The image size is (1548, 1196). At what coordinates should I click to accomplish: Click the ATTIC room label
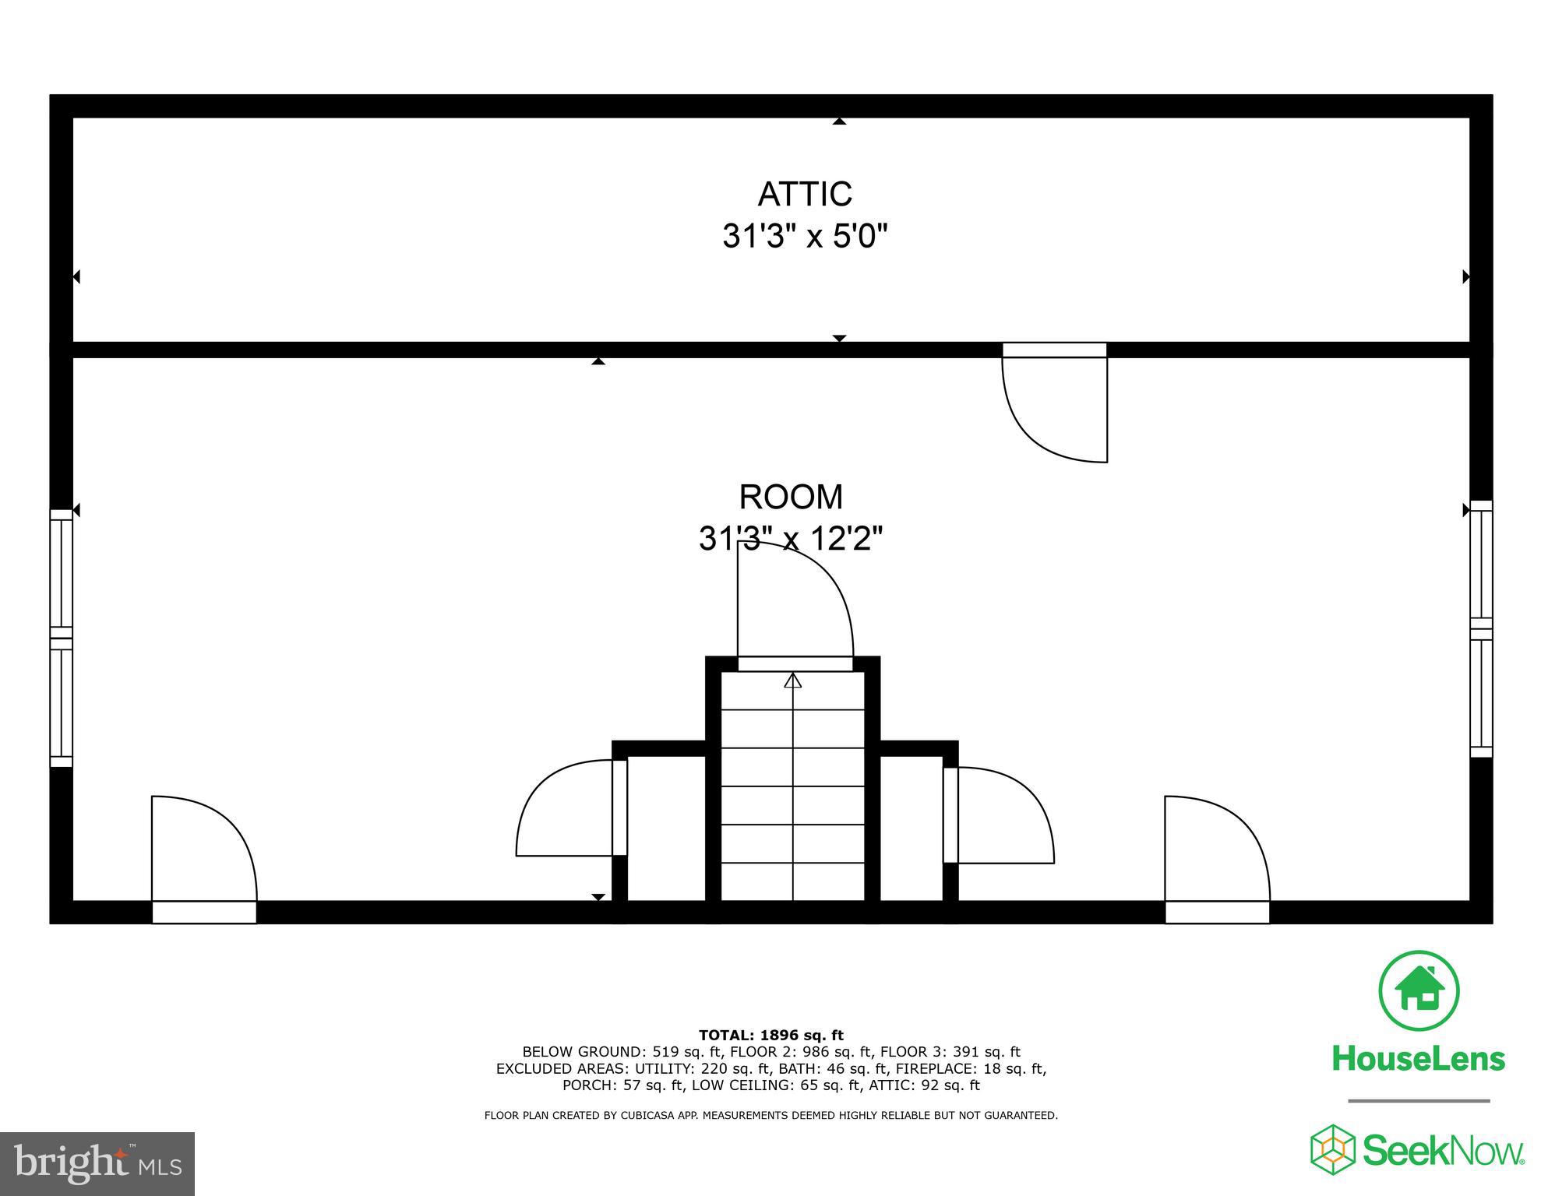tap(805, 194)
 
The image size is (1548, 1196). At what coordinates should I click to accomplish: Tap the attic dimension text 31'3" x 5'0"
tap(805, 235)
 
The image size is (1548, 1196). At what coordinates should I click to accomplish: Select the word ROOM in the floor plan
tap(791, 497)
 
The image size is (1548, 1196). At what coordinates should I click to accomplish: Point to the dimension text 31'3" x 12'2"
tap(791, 538)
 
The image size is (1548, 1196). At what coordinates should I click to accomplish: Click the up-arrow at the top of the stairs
tap(793, 681)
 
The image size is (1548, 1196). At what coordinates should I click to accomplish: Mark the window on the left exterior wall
tap(61, 638)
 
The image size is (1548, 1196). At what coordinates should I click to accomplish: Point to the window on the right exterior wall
tap(1481, 628)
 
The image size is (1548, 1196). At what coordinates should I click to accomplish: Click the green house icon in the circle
tap(1419, 990)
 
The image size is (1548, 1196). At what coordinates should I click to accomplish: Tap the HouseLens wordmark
tap(1419, 1059)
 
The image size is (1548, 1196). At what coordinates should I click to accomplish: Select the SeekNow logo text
tap(1443, 1151)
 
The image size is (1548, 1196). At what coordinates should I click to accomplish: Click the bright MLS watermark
tap(97, 1163)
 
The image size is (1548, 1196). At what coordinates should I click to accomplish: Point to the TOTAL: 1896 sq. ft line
tap(770, 1035)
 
